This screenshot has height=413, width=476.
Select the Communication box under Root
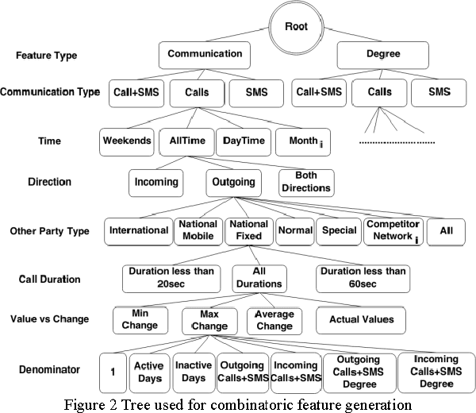205,55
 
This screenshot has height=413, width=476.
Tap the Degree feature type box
384,55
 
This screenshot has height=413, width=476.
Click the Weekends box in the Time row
126,141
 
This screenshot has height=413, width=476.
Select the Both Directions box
305,182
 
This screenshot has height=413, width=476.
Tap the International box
138,230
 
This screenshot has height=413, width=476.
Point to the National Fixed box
248,230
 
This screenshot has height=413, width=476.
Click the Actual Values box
361,320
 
